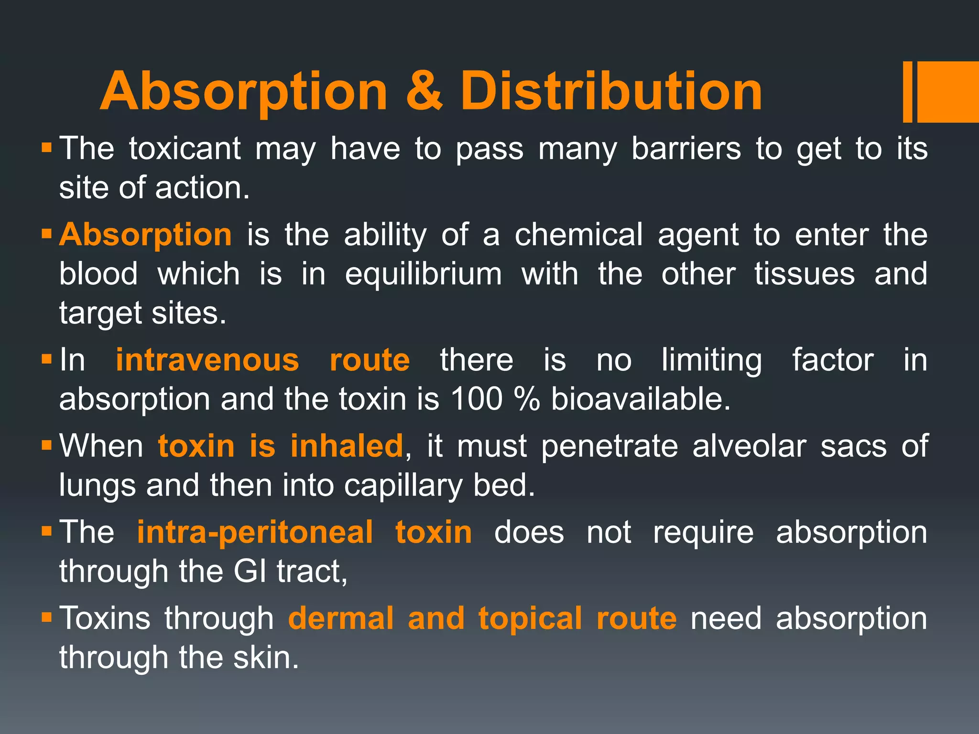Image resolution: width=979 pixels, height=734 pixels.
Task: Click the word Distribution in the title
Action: (x=611, y=91)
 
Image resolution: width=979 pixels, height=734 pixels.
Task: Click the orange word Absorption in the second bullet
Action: (x=145, y=235)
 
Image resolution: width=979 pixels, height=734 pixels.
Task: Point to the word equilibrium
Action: (x=424, y=274)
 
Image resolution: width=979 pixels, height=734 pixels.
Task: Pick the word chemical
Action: (x=578, y=235)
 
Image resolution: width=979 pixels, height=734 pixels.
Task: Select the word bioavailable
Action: (x=641, y=399)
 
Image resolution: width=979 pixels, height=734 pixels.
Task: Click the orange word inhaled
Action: (x=347, y=446)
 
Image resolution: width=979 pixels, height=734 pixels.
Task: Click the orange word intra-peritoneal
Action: (x=255, y=532)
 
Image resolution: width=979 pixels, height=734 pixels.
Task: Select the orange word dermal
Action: (x=341, y=618)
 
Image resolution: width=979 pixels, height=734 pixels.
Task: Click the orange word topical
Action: (x=530, y=619)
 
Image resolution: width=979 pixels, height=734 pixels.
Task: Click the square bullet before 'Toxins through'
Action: (x=46, y=617)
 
